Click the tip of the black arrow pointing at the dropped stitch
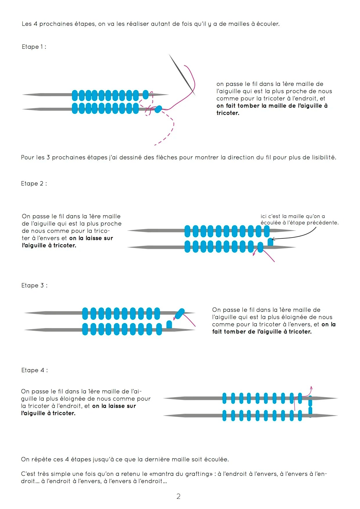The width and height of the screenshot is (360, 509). (x=272, y=239)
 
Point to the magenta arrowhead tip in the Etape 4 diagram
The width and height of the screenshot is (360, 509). (x=311, y=386)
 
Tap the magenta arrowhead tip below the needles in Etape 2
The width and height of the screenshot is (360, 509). (x=253, y=256)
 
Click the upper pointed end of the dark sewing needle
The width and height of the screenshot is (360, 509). (x=169, y=54)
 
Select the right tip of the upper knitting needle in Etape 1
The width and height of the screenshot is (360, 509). (x=169, y=94)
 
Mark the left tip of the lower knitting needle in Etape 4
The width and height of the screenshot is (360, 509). (x=163, y=416)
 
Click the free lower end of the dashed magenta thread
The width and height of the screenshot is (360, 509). (x=155, y=145)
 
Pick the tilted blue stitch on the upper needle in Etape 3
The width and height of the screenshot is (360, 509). (x=180, y=314)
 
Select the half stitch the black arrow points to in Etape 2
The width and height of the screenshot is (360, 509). (x=270, y=242)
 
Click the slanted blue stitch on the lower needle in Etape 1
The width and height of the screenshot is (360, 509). (x=158, y=109)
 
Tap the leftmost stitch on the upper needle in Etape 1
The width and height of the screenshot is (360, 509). (x=75, y=95)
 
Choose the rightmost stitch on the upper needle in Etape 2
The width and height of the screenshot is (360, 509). (x=267, y=231)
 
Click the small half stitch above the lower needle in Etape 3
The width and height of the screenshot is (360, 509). (x=169, y=325)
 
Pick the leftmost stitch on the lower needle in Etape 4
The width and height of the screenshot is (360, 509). (x=224, y=416)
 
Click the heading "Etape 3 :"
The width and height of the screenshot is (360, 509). (x=34, y=285)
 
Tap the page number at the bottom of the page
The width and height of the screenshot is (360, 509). (x=178, y=496)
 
